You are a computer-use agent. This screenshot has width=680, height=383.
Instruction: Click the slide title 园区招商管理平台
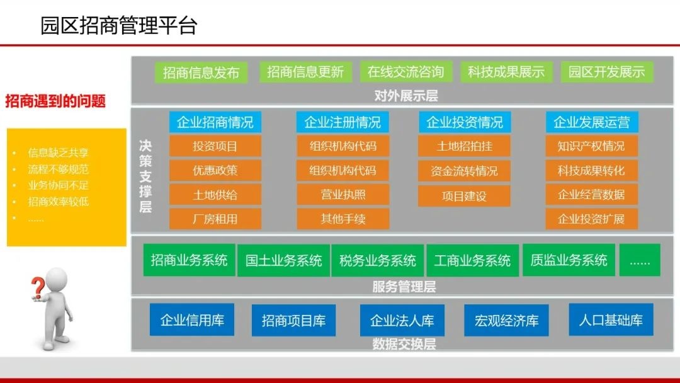118,26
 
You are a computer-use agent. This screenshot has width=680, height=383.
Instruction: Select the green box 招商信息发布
201,72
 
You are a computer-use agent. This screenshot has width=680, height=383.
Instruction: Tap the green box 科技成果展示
506,72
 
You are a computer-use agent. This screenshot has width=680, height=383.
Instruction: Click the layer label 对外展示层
405,96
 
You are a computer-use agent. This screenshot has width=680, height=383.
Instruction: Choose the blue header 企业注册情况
343,122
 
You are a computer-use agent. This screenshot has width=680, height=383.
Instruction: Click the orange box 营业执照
343,195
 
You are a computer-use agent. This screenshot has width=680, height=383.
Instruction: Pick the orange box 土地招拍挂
464,146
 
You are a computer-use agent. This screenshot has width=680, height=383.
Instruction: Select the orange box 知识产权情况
591,146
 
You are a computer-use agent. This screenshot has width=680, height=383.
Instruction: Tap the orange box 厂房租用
215,219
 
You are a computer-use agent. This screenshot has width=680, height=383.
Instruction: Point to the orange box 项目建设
464,196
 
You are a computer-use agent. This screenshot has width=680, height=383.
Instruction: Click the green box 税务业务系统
378,260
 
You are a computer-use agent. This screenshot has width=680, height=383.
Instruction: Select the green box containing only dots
639,260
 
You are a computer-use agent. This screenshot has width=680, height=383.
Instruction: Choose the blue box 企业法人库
402,320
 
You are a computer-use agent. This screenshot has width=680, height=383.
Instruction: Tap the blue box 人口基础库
610,319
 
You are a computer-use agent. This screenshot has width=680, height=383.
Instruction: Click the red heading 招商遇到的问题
55,101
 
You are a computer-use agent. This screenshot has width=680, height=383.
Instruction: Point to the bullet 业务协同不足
58,185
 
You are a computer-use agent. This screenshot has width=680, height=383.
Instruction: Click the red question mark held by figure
38,288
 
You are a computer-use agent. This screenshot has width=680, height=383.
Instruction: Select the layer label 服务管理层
404,287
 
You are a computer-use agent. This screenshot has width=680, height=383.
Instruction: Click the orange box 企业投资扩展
591,219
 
